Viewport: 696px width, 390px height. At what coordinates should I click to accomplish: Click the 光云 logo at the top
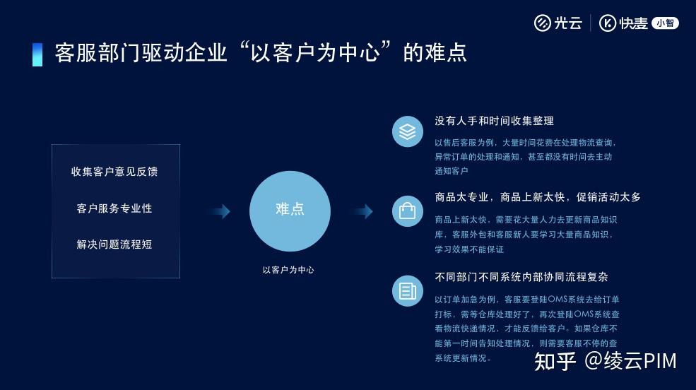point(558,23)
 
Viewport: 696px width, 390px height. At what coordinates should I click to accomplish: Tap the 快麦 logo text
point(625,23)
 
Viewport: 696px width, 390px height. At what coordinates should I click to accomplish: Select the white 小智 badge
point(665,23)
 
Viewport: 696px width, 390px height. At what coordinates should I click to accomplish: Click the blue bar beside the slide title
point(37,54)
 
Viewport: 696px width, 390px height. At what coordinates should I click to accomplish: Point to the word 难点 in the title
point(449,54)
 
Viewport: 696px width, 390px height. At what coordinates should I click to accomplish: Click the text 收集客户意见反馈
point(114,172)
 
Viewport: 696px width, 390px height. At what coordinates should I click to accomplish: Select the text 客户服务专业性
point(114,208)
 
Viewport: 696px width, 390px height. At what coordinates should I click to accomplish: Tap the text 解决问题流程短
point(114,244)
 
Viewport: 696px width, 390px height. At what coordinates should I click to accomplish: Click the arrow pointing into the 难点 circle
point(218,211)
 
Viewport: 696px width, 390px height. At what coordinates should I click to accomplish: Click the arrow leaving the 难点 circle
point(360,211)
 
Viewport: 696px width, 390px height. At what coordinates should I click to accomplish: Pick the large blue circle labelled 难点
point(290,211)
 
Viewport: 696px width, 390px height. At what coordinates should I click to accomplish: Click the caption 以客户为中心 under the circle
point(288,270)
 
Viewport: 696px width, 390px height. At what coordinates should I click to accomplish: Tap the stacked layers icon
point(408,132)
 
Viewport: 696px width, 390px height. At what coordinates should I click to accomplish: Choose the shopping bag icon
point(408,211)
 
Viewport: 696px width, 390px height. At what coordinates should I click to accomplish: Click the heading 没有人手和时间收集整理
point(494,121)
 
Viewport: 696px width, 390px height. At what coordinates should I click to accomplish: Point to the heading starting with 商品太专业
point(538,197)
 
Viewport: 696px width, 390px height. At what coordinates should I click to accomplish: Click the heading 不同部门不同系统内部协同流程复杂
point(521,277)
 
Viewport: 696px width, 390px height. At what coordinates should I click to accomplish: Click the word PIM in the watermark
point(660,361)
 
